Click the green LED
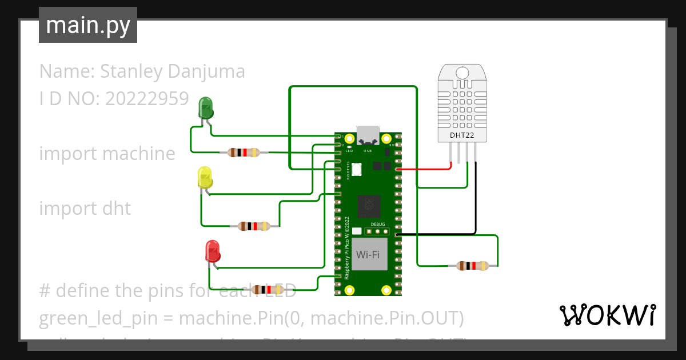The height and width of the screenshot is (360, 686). [x=205, y=107]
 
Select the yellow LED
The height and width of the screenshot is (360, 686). [x=205, y=178]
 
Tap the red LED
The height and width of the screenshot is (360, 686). [x=212, y=251]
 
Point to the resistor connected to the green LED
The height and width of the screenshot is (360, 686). [x=244, y=153]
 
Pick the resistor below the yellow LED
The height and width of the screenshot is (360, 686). [x=254, y=226]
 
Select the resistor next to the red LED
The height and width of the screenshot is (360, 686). [x=268, y=290]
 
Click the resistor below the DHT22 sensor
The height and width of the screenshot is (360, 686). [x=472, y=265]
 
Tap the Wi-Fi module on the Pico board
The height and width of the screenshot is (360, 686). [x=368, y=254]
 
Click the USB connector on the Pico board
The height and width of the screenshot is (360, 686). [x=368, y=134]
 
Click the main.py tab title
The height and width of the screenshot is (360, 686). [x=88, y=25]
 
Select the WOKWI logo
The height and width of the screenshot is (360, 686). [x=607, y=315]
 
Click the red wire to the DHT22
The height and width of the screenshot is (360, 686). [x=423, y=170]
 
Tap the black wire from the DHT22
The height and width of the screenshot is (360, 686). [x=475, y=200]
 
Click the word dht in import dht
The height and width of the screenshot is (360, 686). [x=117, y=209]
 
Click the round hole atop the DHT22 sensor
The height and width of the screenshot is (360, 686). [x=462, y=73]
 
